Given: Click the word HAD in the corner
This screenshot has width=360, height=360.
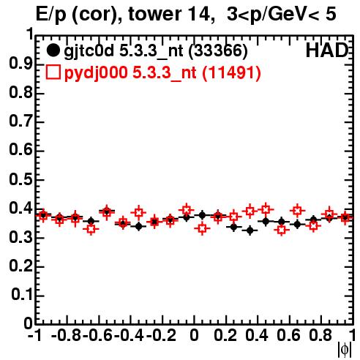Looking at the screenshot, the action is pos(326,50).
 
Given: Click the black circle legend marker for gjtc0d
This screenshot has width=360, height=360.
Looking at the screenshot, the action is pos(53,50).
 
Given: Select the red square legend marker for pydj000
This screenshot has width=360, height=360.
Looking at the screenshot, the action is pos(53,72).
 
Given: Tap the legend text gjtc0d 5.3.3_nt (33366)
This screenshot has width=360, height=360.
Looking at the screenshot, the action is pos(156,51).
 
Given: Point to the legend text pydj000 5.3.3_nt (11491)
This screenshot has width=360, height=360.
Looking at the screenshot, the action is pos(162,72).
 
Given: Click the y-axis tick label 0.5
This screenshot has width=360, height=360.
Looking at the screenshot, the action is pos(20,179).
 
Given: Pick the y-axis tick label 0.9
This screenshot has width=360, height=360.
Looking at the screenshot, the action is pos(20,64).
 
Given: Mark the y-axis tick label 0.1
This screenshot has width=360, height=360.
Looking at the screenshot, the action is pos(21,295).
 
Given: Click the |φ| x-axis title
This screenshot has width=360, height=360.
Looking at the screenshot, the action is pos(345,350).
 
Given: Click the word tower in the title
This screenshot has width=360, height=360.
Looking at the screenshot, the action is pos(154,14).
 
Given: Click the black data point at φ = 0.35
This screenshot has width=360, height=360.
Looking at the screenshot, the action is pos(250,230).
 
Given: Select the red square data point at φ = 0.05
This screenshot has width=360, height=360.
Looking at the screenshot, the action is pos(202,228).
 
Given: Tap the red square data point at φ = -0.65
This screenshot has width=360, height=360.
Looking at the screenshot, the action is pos(91,229).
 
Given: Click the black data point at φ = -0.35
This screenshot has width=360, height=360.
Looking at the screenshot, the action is pos(139,227).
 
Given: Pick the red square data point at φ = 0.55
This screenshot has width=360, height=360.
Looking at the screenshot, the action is pos(282,230).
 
